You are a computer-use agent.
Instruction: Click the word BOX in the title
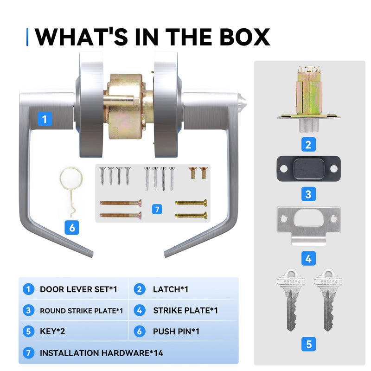245,37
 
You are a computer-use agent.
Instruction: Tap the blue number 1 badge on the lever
45,119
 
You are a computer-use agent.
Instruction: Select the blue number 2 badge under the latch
308,144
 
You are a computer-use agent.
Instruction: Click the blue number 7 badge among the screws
157,209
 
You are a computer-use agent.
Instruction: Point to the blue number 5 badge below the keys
308,344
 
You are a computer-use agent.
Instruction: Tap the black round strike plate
308,168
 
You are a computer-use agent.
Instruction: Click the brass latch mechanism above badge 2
308,99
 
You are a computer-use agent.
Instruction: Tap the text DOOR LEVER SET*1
78,289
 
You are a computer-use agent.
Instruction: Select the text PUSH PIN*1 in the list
176,332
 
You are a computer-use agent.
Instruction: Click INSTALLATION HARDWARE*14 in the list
102,353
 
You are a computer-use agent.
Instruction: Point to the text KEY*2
52,332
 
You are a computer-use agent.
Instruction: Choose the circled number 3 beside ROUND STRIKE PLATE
28,310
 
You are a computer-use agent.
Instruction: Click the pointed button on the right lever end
242,102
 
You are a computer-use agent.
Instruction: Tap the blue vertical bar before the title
27,37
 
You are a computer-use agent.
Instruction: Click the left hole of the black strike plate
284,169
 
